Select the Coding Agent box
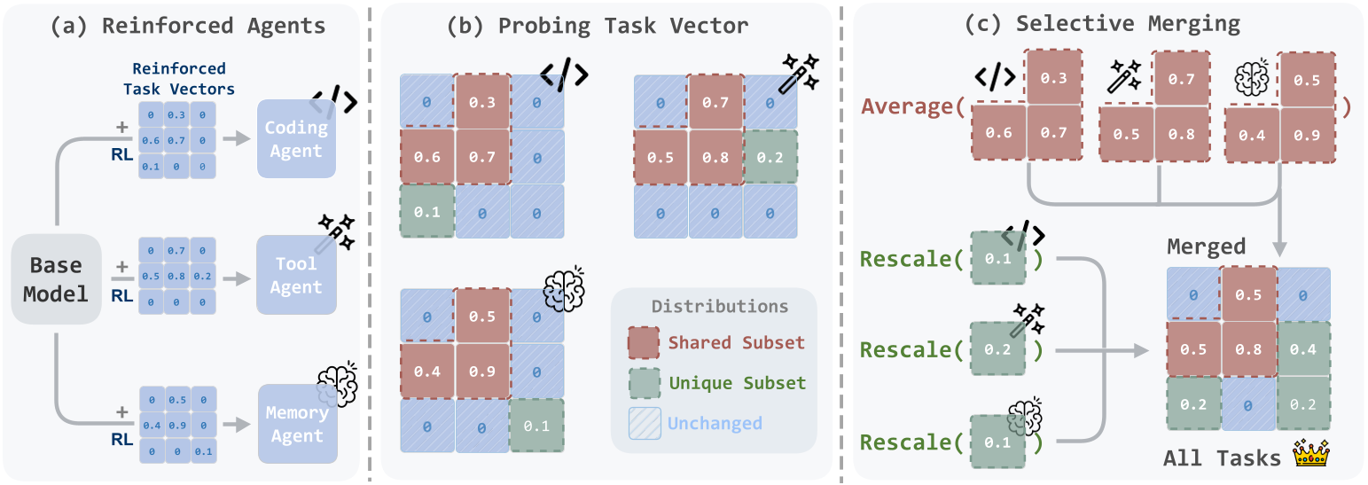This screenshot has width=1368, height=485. pos(296,139)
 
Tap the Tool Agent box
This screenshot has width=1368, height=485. pos(296,275)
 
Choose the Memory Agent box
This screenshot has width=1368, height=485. pos(296,424)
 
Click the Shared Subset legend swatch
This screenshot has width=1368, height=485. pos(645,343)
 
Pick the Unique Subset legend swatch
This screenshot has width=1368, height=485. pos(645,383)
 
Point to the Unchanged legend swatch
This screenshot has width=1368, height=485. pos(645,423)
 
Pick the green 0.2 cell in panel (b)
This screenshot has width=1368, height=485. pos(770,158)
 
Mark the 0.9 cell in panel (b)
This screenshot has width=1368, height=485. pos(482,371)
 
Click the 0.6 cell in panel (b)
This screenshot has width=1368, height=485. pos(426,158)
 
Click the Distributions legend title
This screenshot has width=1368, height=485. pos(720,307)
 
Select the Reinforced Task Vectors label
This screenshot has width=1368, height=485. pos(179,78)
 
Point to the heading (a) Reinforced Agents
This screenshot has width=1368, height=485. pos(187,26)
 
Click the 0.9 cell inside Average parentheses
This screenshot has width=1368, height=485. pos(1308,135)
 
